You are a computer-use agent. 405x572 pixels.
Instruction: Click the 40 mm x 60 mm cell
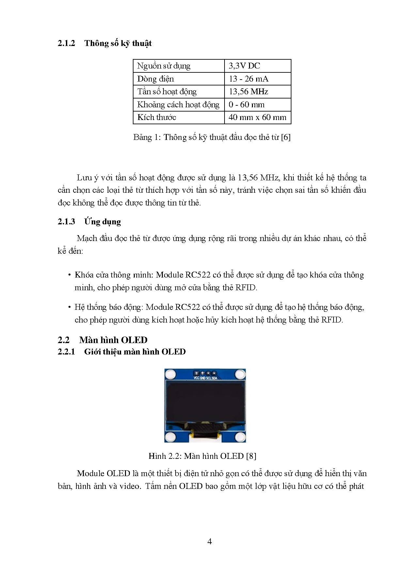[x=257, y=117]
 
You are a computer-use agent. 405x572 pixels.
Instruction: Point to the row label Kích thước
[x=157, y=117]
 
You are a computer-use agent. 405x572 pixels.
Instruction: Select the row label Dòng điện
[x=155, y=79]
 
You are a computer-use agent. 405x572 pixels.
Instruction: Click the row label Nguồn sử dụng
[x=164, y=66]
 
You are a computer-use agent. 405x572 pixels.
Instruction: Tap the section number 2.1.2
[x=66, y=43]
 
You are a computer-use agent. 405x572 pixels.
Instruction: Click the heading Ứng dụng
[x=102, y=222]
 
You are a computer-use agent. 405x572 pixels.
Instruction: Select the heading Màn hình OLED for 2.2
[x=113, y=340]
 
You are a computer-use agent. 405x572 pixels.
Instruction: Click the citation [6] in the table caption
[x=286, y=137]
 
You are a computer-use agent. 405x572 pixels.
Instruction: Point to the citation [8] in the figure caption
[x=251, y=456]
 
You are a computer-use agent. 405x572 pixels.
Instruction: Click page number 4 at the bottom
[x=210, y=542]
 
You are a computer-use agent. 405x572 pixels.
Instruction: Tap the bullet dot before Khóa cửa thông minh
[x=70, y=275]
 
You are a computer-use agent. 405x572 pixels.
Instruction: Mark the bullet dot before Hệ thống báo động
[x=70, y=307]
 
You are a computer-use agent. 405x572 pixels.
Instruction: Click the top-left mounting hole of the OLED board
[x=170, y=374]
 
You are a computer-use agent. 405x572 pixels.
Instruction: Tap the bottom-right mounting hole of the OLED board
[x=240, y=437]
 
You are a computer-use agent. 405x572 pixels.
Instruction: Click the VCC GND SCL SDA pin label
[x=205, y=378]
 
